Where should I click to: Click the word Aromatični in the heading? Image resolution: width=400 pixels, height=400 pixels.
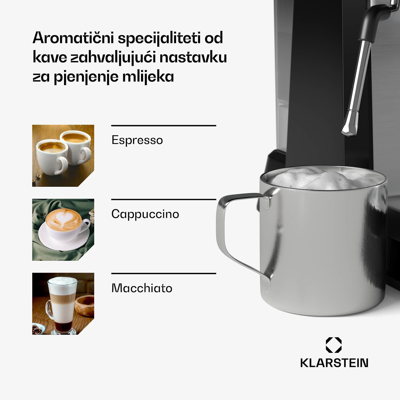(x=73, y=38)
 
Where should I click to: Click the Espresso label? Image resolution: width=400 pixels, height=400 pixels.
(x=137, y=140)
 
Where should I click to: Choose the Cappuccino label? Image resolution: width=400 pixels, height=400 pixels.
(x=145, y=214)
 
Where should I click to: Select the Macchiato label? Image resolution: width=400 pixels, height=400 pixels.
(x=142, y=288)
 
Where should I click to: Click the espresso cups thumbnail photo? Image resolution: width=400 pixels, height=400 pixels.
(x=63, y=155)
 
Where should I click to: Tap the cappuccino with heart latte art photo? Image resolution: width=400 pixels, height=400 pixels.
(x=63, y=230)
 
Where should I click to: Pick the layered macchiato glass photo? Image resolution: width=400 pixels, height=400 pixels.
(x=63, y=303)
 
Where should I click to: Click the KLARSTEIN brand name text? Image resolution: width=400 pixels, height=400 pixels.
(x=334, y=363)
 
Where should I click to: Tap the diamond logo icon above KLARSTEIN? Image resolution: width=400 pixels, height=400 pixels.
(x=334, y=345)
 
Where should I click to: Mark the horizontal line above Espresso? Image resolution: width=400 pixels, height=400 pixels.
(x=163, y=126)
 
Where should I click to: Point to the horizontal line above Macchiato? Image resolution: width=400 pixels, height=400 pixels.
(x=163, y=274)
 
